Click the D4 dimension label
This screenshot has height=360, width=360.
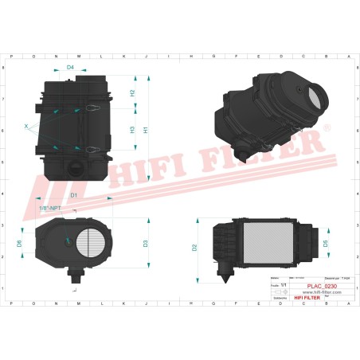pos(70,68)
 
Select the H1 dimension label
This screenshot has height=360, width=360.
pos(146,130)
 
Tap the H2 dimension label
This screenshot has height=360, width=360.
pos(133,93)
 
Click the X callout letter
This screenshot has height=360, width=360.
pos(25,126)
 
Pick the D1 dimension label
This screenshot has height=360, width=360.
pos(73,195)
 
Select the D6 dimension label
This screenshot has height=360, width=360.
pos(19,243)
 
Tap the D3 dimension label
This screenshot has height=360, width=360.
pos(145,243)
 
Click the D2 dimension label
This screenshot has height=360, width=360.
pos(194,247)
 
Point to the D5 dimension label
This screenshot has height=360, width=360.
pos(324,242)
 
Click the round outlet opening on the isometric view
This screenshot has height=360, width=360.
pos(315,96)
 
